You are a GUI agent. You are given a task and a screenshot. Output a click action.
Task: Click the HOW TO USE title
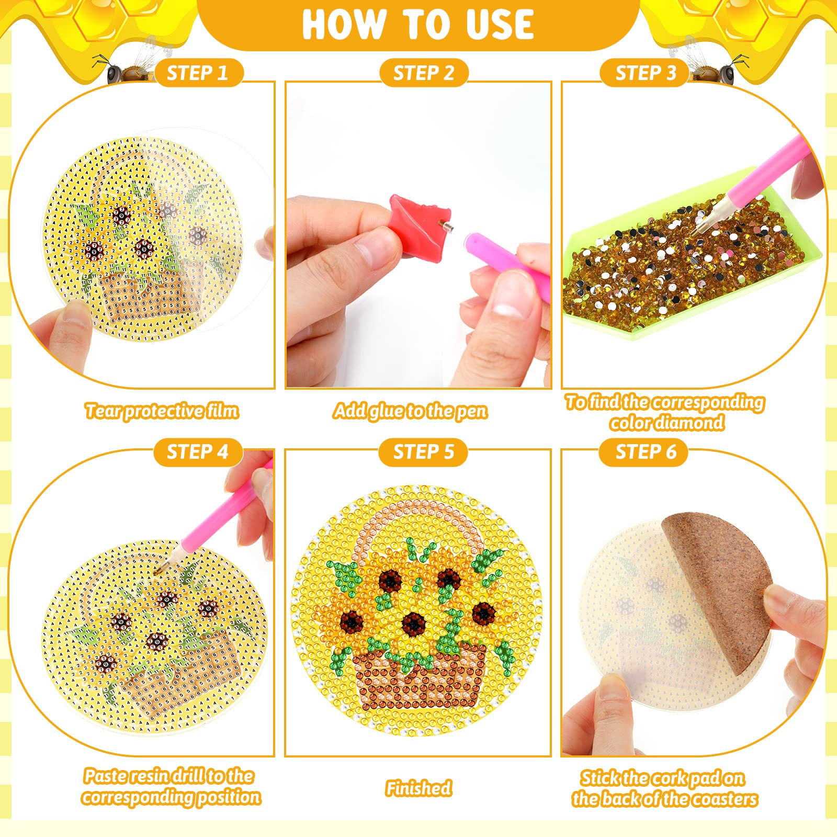(x=418, y=24)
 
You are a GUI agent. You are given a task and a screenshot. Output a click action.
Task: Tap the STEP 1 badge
(x=199, y=73)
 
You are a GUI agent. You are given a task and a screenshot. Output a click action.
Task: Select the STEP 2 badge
(x=424, y=73)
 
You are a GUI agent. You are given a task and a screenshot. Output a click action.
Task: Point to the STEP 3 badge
(x=645, y=73)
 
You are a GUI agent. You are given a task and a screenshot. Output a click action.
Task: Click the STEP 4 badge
(x=198, y=452)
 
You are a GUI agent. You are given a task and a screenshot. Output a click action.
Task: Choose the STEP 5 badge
(x=423, y=452)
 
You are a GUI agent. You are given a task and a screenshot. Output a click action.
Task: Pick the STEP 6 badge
(x=644, y=452)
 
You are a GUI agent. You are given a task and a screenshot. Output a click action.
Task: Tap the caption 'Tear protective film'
(x=162, y=411)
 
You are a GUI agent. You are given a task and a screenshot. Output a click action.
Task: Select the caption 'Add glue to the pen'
(x=411, y=411)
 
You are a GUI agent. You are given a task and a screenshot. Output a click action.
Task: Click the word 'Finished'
(x=418, y=788)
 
